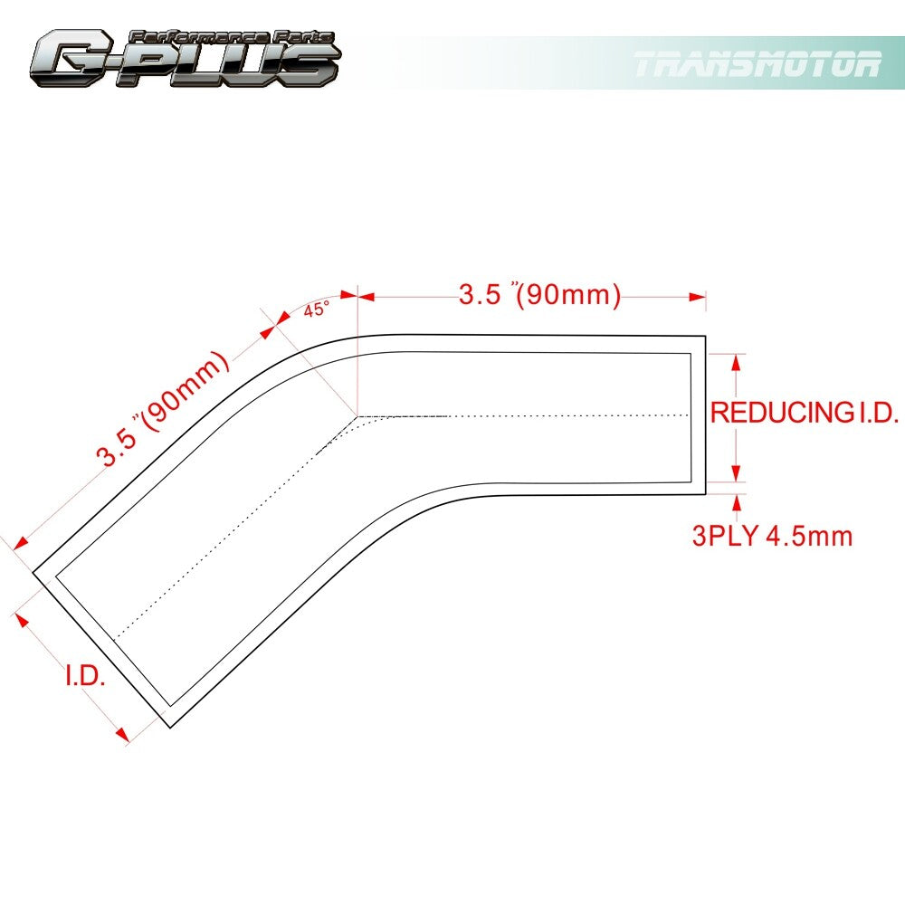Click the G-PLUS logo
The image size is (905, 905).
point(185,58)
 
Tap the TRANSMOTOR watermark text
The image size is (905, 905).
point(757,64)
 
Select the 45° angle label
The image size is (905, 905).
point(316,310)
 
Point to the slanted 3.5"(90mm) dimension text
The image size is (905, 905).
point(162,407)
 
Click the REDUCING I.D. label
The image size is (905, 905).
point(804,412)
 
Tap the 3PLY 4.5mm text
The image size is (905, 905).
point(772,536)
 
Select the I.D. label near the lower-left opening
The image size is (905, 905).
point(85,676)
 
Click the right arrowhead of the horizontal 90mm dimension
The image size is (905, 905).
point(697,297)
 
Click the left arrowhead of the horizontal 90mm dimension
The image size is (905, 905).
point(366,297)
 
